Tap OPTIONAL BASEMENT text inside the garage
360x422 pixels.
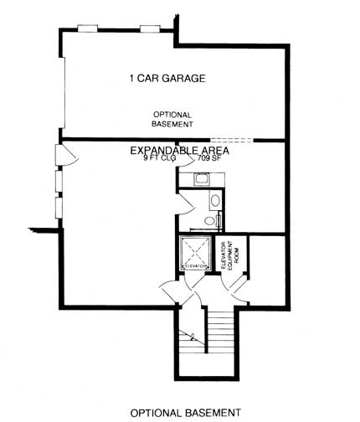click(x=172, y=119)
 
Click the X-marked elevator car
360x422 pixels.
click(x=194, y=253)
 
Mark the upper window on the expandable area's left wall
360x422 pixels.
click(x=58, y=180)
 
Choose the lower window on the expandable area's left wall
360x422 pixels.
click(x=58, y=207)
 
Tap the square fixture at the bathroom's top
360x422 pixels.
click(x=202, y=178)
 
